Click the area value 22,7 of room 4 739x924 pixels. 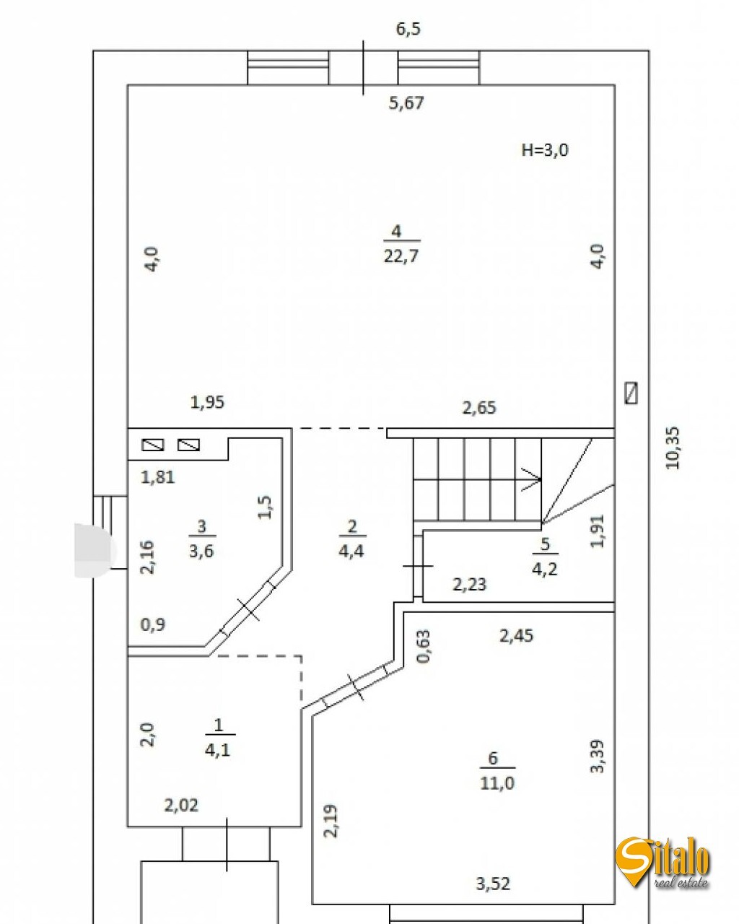(401, 256)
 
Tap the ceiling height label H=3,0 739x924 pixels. (545, 150)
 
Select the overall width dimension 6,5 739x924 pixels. (408, 29)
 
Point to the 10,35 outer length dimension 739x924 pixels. (673, 448)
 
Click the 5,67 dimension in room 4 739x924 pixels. (406, 103)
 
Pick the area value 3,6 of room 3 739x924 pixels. (201, 552)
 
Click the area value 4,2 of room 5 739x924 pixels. (545, 570)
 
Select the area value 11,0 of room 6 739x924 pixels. (497, 783)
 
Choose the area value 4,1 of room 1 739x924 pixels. (217, 750)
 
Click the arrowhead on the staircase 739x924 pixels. (533, 478)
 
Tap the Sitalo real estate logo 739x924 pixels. (663, 863)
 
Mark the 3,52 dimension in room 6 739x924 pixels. (494, 883)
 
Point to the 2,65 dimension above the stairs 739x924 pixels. (479, 408)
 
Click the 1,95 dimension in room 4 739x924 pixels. (207, 402)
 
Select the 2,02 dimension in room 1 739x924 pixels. (181, 805)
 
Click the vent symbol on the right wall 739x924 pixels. (631, 393)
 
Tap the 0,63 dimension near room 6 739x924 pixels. (424, 646)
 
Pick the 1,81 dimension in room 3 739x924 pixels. (157, 477)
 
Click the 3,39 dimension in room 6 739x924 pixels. (598, 757)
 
